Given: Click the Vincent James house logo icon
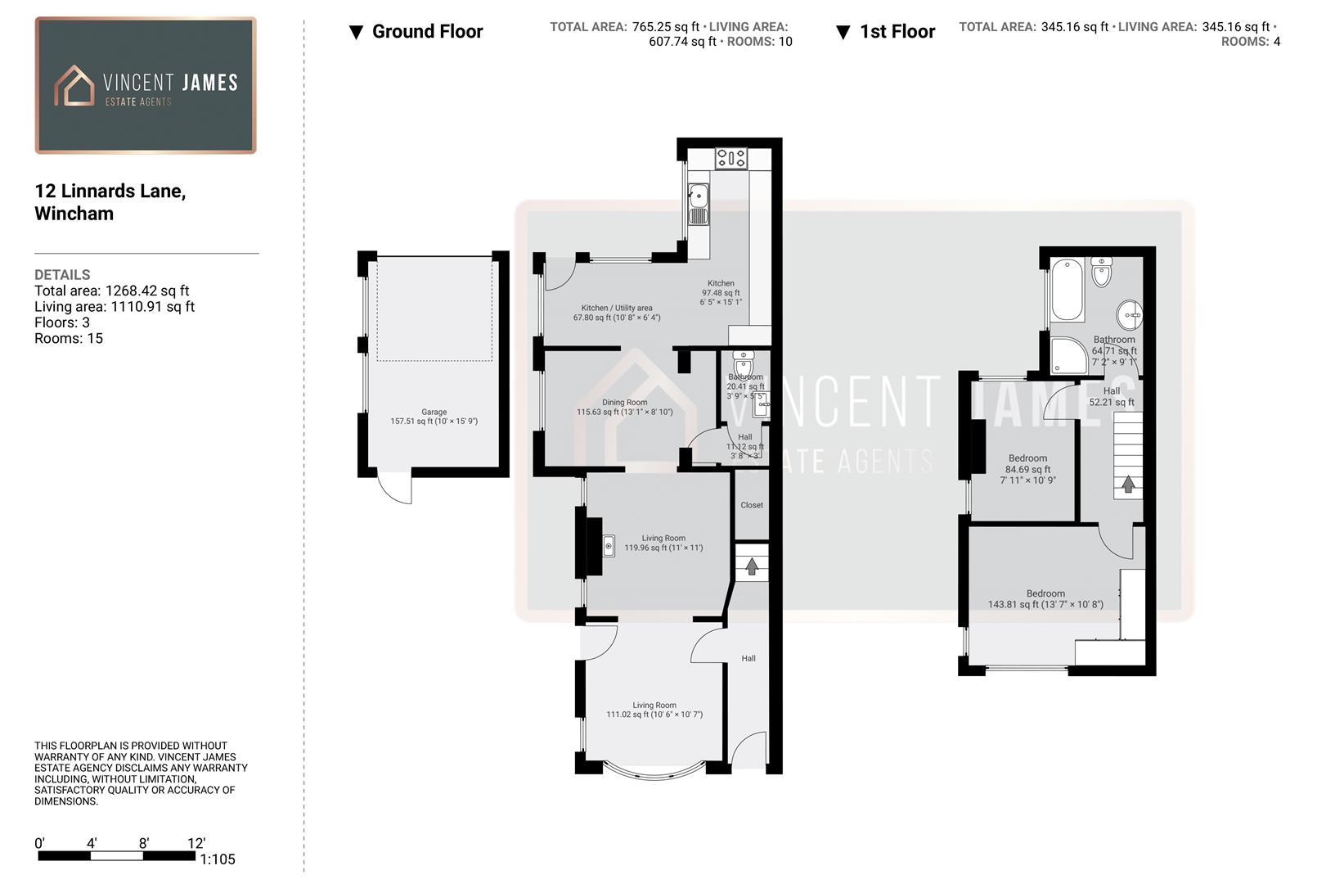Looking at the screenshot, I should (x=74, y=86).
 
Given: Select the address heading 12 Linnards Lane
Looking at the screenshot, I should (x=110, y=192).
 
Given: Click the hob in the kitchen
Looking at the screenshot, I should (x=730, y=157).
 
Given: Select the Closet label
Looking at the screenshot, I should (x=752, y=505).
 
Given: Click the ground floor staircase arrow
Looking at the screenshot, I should (x=752, y=566).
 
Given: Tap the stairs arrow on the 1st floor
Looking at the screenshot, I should (x=1128, y=484).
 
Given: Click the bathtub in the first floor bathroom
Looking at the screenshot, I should (x=1068, y=290).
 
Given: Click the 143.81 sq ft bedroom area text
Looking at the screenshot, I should (x=1045, y=605).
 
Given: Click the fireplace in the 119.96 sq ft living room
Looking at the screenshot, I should (x=608, y=545).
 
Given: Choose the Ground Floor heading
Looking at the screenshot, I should (x=427, y=32).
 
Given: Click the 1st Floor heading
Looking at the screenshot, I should (x=897, y=32).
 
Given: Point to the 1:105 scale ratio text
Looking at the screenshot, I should (x=218, y=859).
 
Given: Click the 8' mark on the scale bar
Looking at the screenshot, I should (x=144, y=844).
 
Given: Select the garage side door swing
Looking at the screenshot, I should (x=396, y=489).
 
